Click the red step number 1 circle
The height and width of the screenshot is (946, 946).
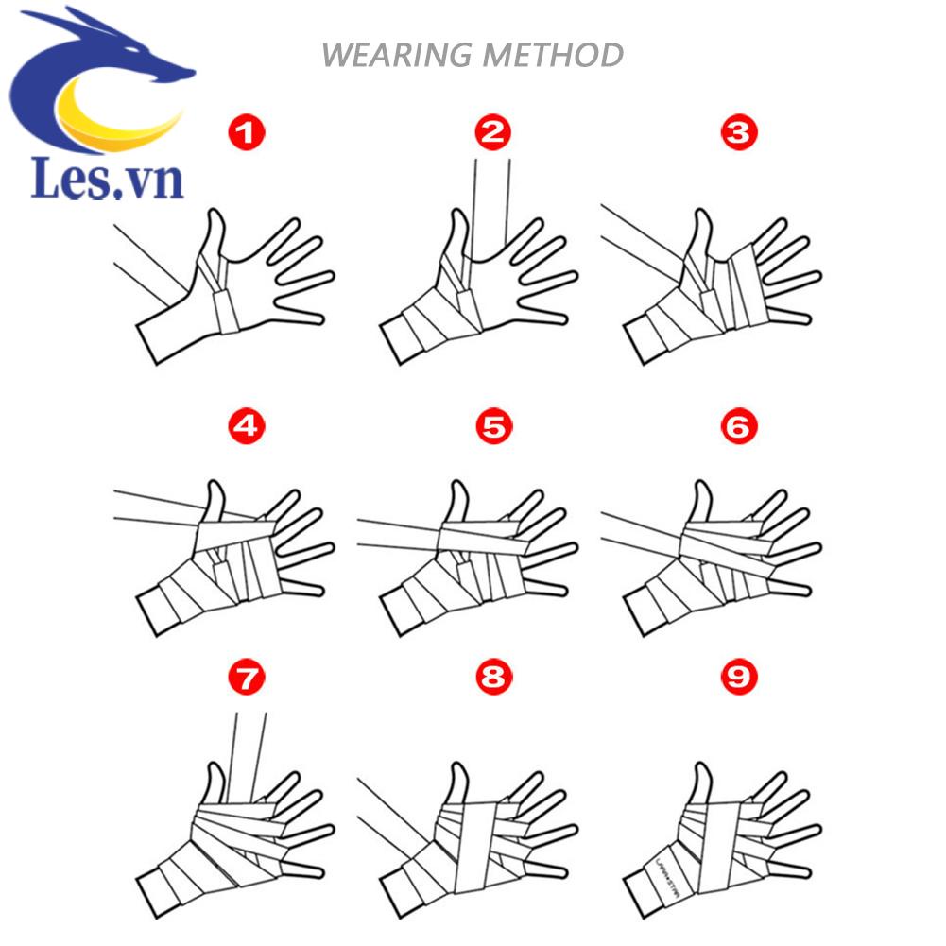tap(248, 133)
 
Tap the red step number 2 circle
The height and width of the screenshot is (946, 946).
tap(493, 133)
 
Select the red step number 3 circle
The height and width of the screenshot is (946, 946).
tap(738, 133)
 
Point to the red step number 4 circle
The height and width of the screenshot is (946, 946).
tap(248, 427)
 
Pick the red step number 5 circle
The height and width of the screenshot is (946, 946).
tap(493, 427)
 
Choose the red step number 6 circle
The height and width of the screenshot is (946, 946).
tap(738, 427)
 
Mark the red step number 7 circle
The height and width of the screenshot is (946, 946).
tap(248, 676)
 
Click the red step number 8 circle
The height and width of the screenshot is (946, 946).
tap(493, 676)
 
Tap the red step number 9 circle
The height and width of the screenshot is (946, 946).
tap(738, 676)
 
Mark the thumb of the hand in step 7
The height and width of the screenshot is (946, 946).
tap(215, 781)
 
